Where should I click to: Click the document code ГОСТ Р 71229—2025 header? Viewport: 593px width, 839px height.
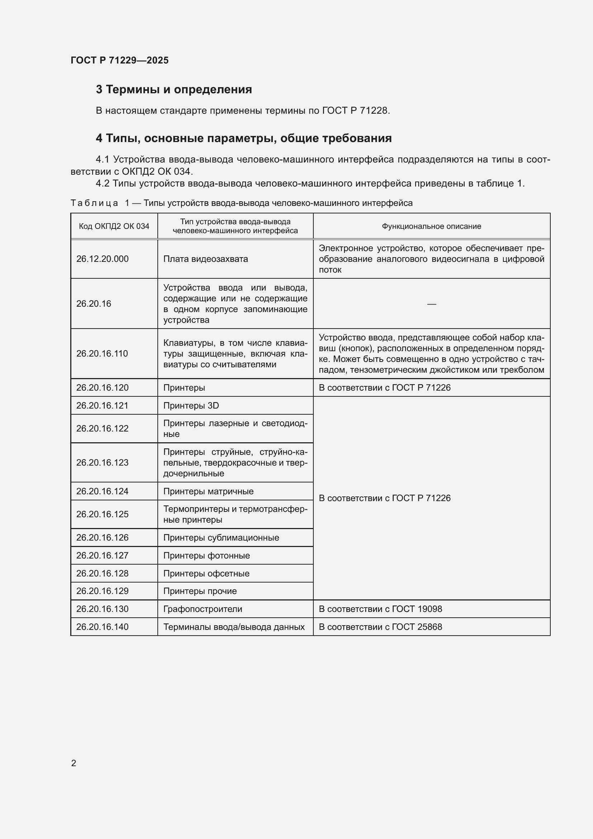pyautogui.click(x=119, y=60)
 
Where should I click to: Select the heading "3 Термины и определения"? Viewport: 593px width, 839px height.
pyautogui.click(x=174, y=90)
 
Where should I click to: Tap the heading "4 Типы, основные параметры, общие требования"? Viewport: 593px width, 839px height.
pyautogui.click(x=243, y=138)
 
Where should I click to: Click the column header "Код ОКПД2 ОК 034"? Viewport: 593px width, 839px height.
pyautogui.click(x=114, y=226)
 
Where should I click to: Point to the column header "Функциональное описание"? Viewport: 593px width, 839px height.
pyautogui.click(x=431, y=226)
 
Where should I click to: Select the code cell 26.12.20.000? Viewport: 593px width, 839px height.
pyautogui.click(x=102, y=259)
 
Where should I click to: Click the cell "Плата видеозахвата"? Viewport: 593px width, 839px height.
pyautogui.click(x=205, y=259)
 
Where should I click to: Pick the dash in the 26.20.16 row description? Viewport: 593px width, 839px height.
pyautogui.click(x=431, y=304)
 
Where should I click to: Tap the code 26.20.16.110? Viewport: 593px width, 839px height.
pyautogui.click(x=102, y=354)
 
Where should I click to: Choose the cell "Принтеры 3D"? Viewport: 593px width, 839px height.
pyautogui.click(x=191, y=406)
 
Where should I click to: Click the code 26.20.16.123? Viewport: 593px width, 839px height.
pyautogui.click(x=102, y=463)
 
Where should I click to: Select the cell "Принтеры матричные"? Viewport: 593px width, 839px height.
pyautogui.click(x=208, y=491)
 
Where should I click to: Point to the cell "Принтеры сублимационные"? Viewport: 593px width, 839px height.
pyautogui.click(x=221, y=538)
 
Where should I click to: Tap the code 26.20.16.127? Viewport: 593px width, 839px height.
pyautogui.click(x=102, y=556)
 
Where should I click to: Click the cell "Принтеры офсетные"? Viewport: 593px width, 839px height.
pyautogui.click(x=206, y=574)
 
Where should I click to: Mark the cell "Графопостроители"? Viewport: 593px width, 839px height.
pyautogui.click(x=203, y=609)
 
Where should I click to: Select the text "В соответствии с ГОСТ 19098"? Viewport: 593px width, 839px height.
pyautogui.click(x=380, y=609)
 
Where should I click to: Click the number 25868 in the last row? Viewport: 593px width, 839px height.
pyautogui.click(x=430, y=627)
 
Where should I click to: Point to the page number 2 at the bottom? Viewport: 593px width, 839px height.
pyautogui.click(x=73, y=763)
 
